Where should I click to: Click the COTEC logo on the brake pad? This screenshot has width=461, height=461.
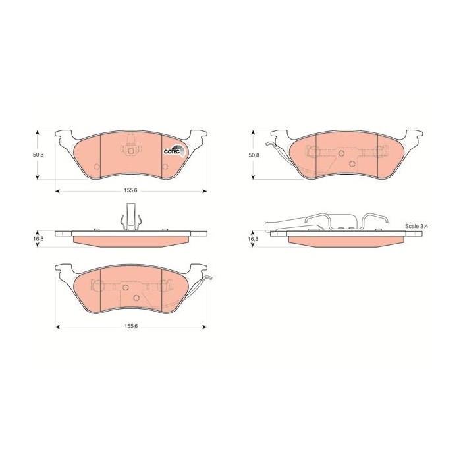pyautogui.click(x=175, y=151)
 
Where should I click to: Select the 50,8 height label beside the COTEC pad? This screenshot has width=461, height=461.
pyautogui.click(x=38, y=155)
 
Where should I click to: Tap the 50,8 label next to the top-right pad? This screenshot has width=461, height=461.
pyautogui.click(x=254, y=155)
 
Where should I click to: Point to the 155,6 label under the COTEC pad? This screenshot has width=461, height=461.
pyautogui.click(x=131, y=190)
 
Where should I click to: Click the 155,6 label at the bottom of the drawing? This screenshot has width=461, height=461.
pyautogui.click(x=131, y=326)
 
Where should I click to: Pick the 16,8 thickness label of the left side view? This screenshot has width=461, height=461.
pyautogui.click(x=38, y=239)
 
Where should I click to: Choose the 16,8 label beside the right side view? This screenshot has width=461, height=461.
pyautogui.click(x=254, y=239)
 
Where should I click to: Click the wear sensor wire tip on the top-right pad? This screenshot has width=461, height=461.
pyautogui.click(x=266, y=144)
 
